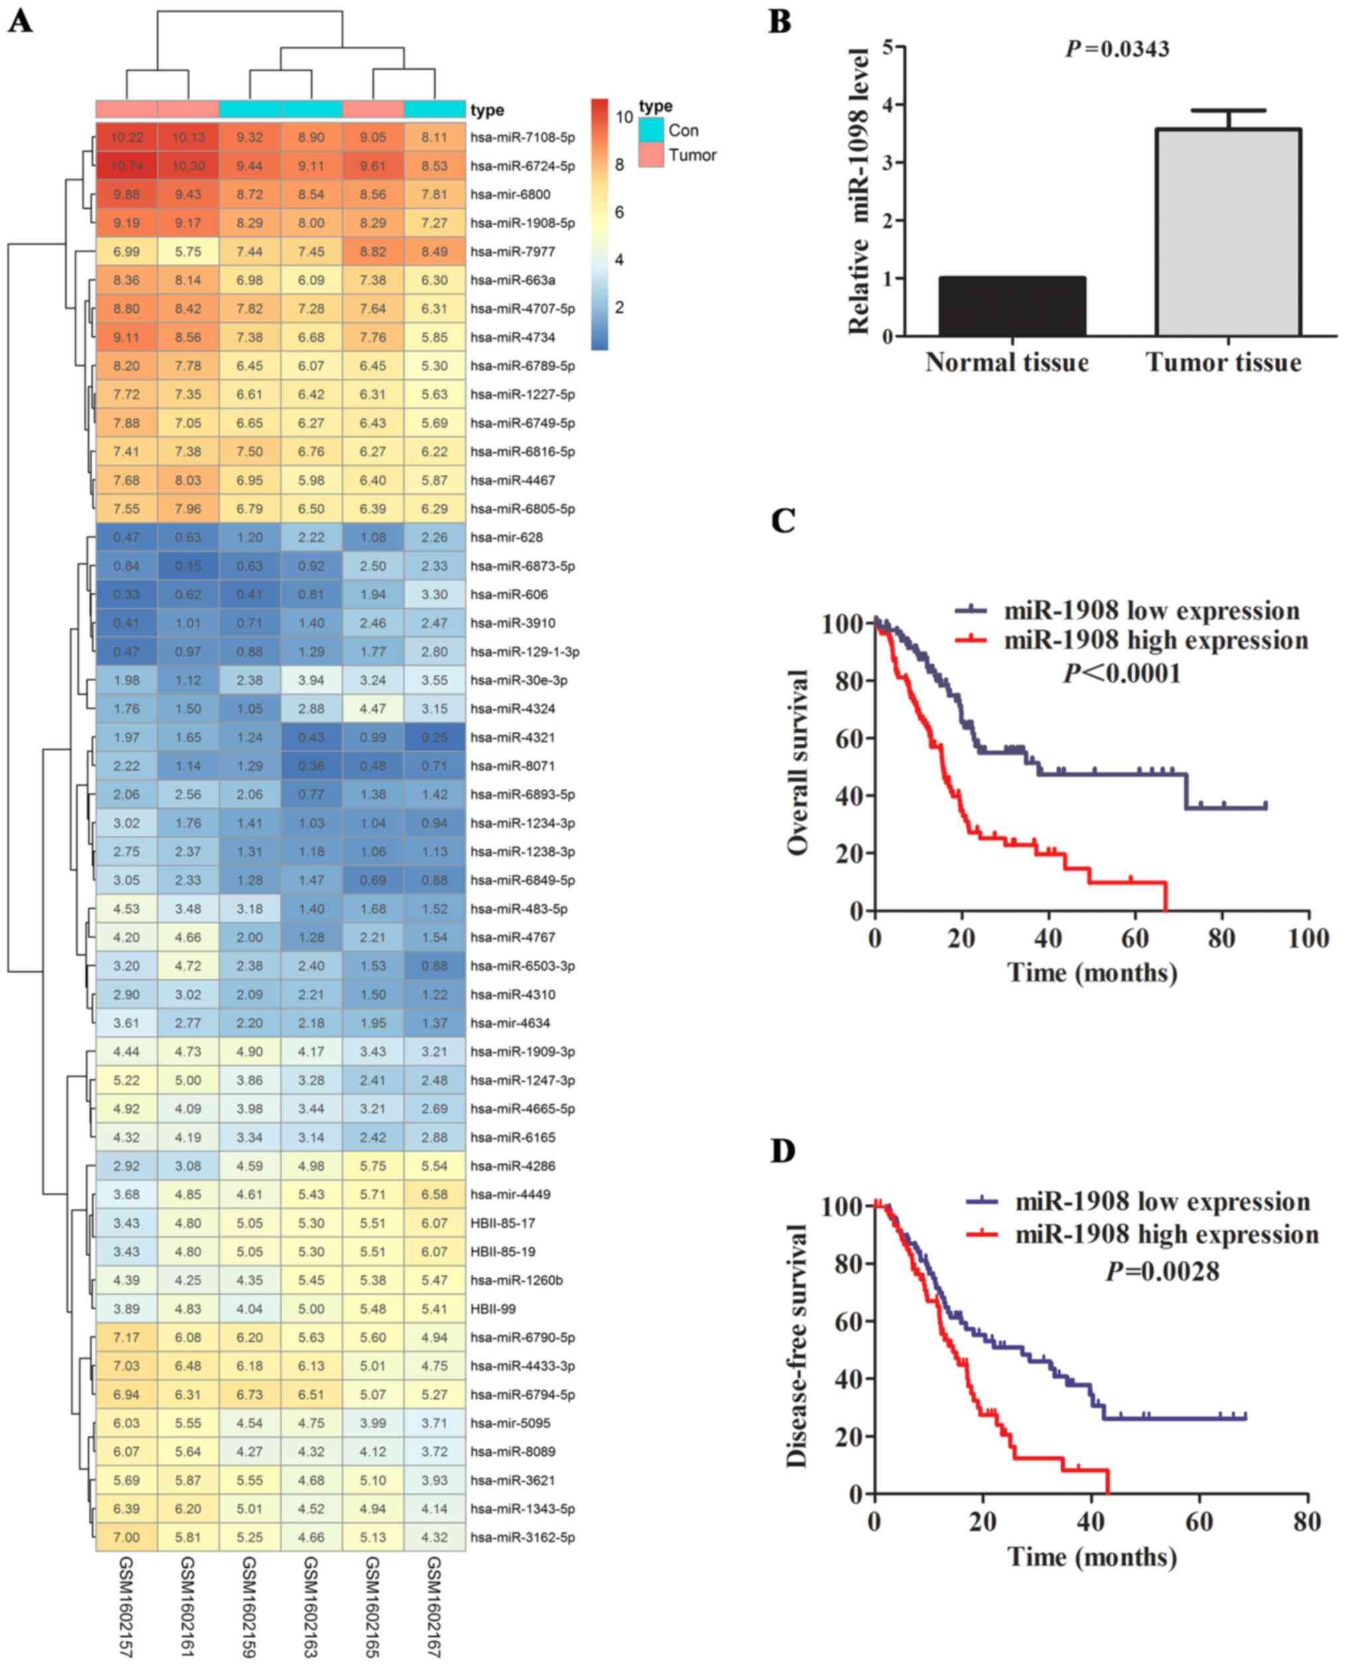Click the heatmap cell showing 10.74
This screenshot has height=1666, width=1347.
point(126,166)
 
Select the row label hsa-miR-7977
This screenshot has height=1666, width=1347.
point(512,252)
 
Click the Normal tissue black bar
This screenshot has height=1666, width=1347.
point(1012,306)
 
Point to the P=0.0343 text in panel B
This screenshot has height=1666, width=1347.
point(1118,50)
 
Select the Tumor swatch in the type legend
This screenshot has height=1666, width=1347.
point(652,155)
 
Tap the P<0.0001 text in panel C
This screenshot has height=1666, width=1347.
point(1122,673)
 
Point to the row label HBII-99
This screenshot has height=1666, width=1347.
point(493,1309)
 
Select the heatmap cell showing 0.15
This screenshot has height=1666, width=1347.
point(188,566)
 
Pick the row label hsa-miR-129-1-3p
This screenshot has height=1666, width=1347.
point(525,652)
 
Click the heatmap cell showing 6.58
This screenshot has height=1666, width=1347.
point(434,1195)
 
